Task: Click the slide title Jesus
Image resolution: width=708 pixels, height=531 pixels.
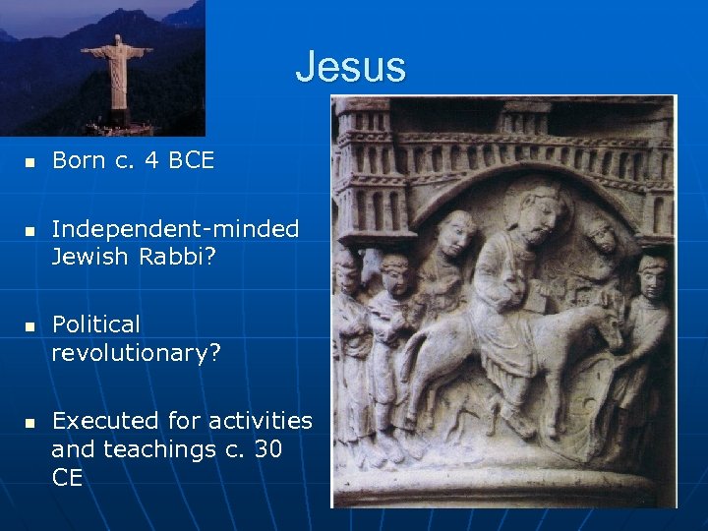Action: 350,67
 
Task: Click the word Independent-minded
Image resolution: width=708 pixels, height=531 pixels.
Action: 175,229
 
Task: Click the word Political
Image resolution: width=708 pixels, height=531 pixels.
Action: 96,324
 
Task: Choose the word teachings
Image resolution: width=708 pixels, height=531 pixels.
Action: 156,448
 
